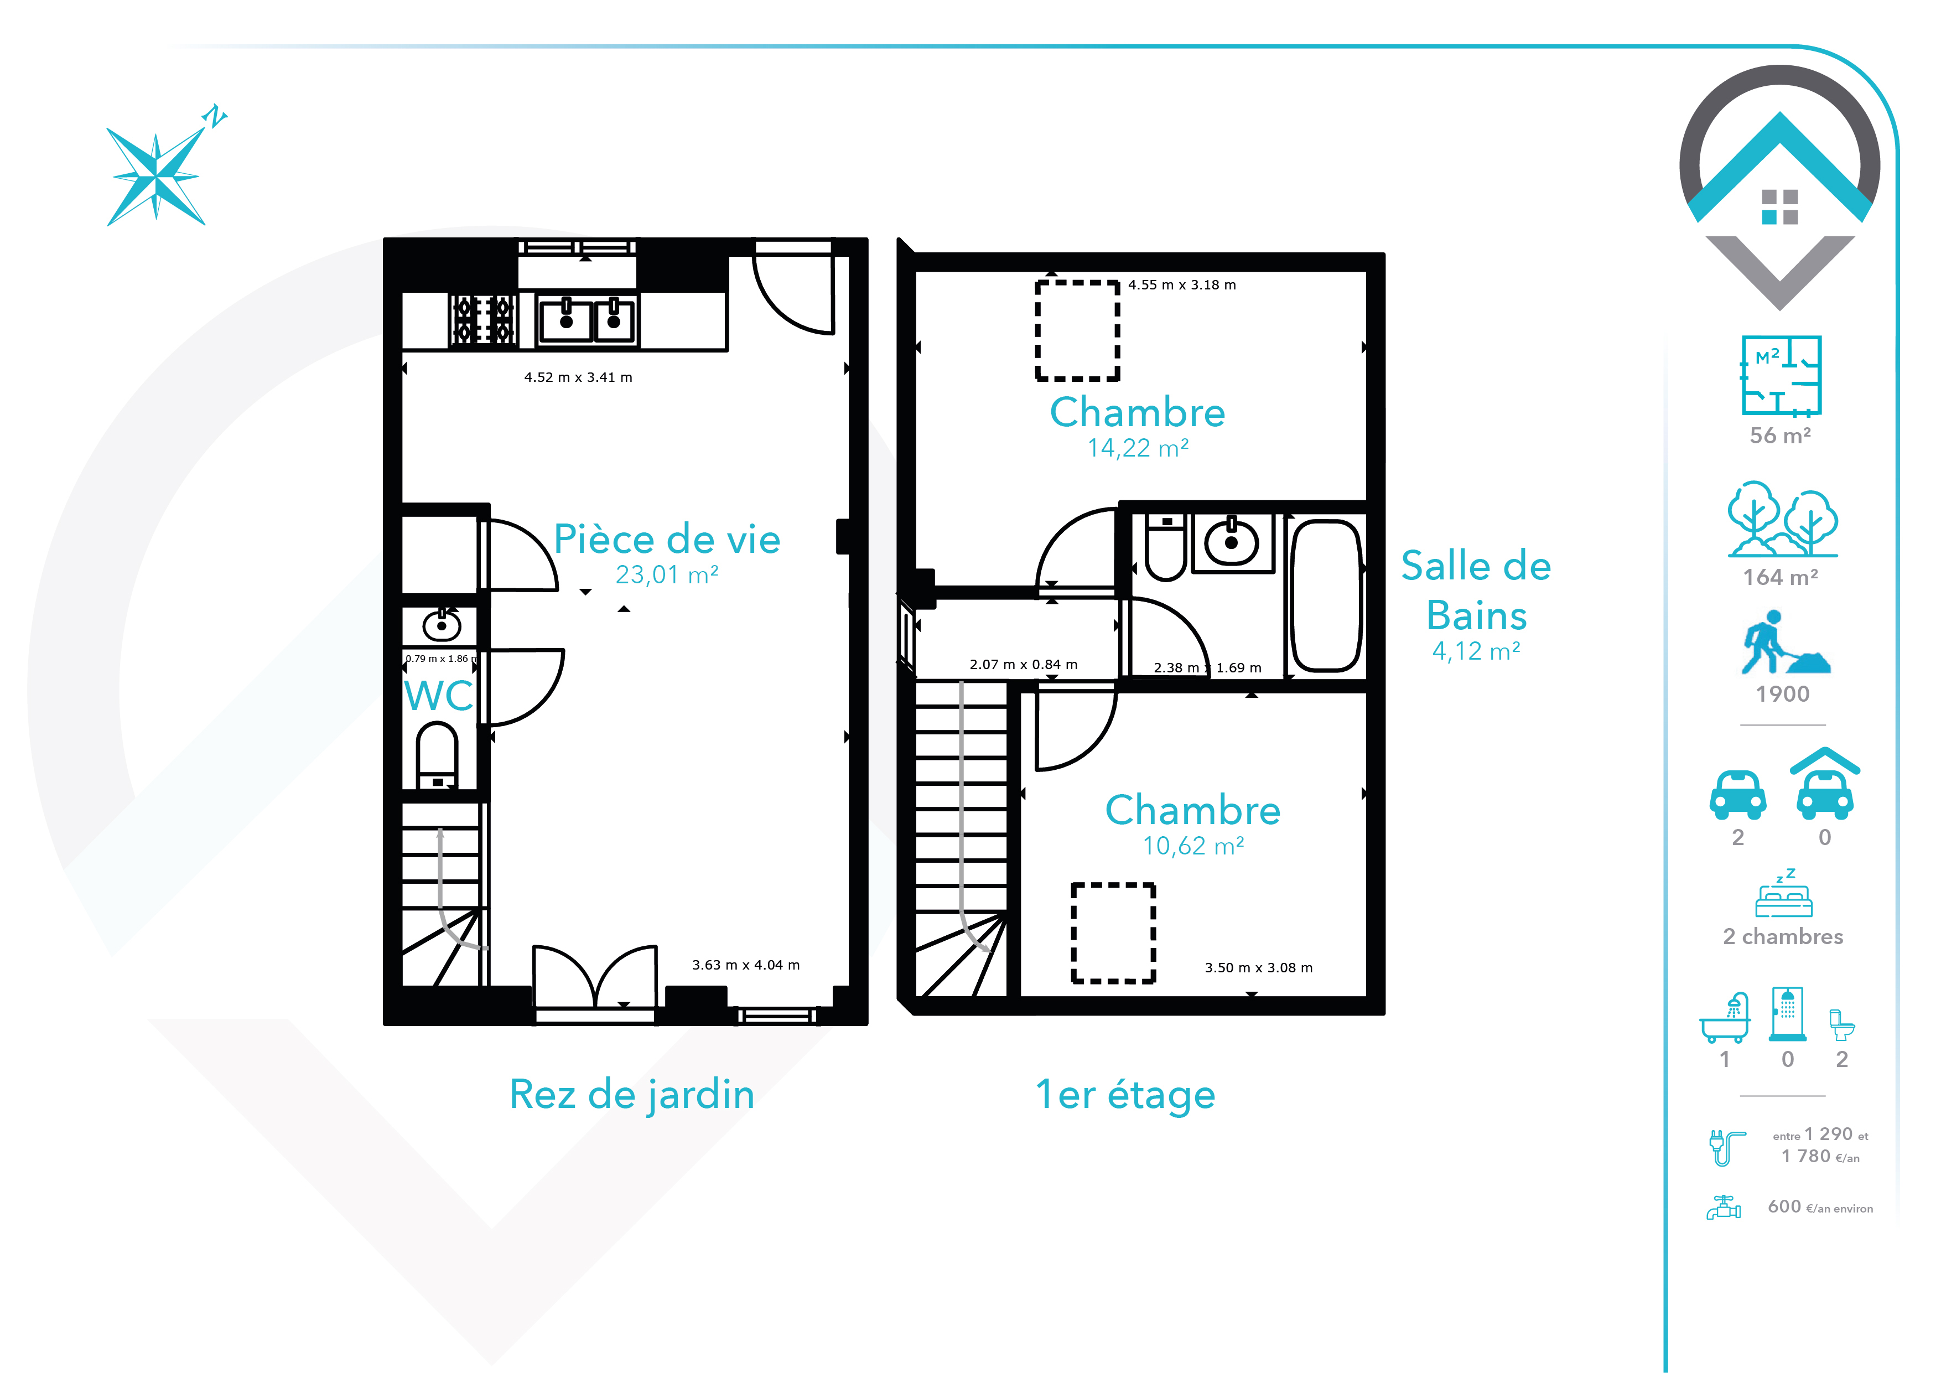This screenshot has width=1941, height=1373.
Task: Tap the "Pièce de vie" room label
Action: tap(667, 540)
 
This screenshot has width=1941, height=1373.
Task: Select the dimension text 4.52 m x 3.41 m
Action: tap(578, 377)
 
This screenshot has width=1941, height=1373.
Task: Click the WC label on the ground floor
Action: tap(439, 696)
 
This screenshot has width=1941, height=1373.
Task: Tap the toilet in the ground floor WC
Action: tap(437, 755)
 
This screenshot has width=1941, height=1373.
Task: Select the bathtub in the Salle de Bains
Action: tap(1326, 595)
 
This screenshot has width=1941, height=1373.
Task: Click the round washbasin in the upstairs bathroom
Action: tap(1231, 541)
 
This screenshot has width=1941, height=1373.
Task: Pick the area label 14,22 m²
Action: tap(1138, 448)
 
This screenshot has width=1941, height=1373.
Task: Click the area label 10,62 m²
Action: tap(1193, 846)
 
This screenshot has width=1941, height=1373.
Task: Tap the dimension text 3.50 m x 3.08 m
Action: tap(1259, 967)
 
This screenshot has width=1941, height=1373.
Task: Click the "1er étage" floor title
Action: tap(1125, 1095)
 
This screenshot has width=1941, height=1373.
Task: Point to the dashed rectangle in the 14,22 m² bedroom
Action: tap(1078, 330)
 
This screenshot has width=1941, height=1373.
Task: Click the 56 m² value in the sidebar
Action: tap(1781, 436)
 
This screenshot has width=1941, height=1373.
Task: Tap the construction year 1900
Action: tap(1782, 694)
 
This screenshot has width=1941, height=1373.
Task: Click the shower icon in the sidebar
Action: tap(1787, 1014)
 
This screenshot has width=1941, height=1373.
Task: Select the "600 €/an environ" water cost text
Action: tap(1820, 1208)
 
